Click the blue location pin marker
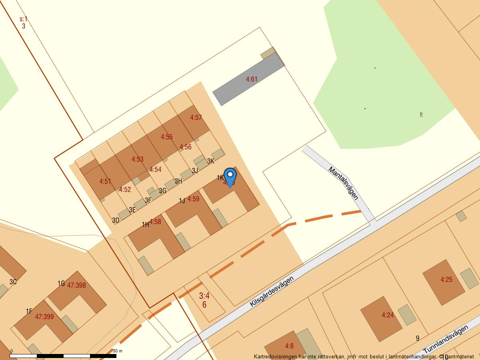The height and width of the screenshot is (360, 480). tap(230, 176)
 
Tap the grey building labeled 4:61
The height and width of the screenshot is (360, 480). tap(251, 79)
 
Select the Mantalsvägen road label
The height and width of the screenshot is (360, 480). tap(343, 183)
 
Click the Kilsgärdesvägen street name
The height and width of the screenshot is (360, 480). tap(272, 291)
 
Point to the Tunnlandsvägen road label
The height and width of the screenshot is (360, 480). tap(446, 340)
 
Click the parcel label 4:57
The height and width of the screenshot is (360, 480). tap(196, 118)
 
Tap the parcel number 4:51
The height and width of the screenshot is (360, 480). tap(105, 181)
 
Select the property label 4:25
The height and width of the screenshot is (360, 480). tap(446, 280)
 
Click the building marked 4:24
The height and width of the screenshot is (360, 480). tap(388, 315)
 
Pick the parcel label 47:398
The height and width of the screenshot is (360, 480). tap(76, 285)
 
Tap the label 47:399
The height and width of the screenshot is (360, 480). tap(44, 317)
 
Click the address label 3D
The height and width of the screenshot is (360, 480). tap(116, 220)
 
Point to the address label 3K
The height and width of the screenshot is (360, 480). tap(211, 161)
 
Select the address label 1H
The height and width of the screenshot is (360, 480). tap(146, 224)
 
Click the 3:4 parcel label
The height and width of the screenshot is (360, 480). tap(204, 296)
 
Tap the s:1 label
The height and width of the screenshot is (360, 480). tap(24, 19)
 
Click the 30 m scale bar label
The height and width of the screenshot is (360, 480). tap(118, 351)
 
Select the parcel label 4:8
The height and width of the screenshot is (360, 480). tap(289, 346)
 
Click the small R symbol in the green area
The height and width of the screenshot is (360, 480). tap(421, 114)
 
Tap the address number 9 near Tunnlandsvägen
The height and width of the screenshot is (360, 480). tap(418, 338)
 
